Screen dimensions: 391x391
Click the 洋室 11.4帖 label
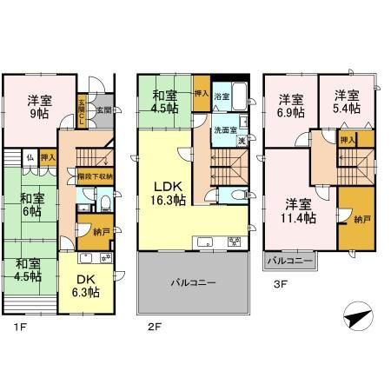(x=298, y=211)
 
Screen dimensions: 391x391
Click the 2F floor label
(x=155, y=327)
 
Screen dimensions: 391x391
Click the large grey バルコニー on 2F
(x=194, y=282)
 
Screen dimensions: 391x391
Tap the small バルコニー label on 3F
(x=289, y=260)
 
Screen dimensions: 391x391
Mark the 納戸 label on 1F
(x=89, y=233)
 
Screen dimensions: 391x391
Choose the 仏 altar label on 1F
(x=30, y=157)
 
